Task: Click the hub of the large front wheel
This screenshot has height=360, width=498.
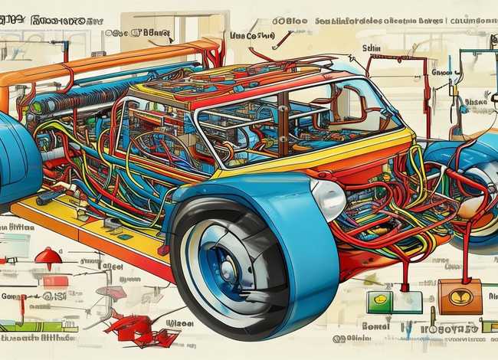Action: [x=228, y=269]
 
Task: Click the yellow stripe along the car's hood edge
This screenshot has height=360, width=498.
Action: [x=322, y=157]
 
